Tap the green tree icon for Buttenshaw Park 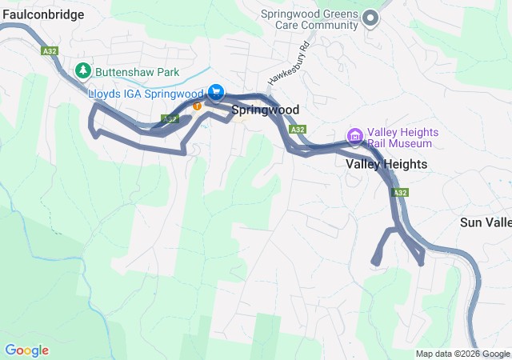[x=82, y=71]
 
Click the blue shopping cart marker [x=215, y=93]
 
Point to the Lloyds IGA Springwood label [x=146, y=94]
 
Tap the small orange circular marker [x=197, y=106]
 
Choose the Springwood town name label [x=266, y=110]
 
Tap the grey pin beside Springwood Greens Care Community [x=370, y=18]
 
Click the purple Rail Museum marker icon [x=354, y=134]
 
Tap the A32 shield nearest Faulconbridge [x=50, y=50]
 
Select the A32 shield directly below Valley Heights [x=400, y=193]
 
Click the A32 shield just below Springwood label [x=298, y=129]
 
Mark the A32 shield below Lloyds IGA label [x=169, y=118]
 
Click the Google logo [x=26, y=350]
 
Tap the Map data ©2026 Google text [x=462, y=354]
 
